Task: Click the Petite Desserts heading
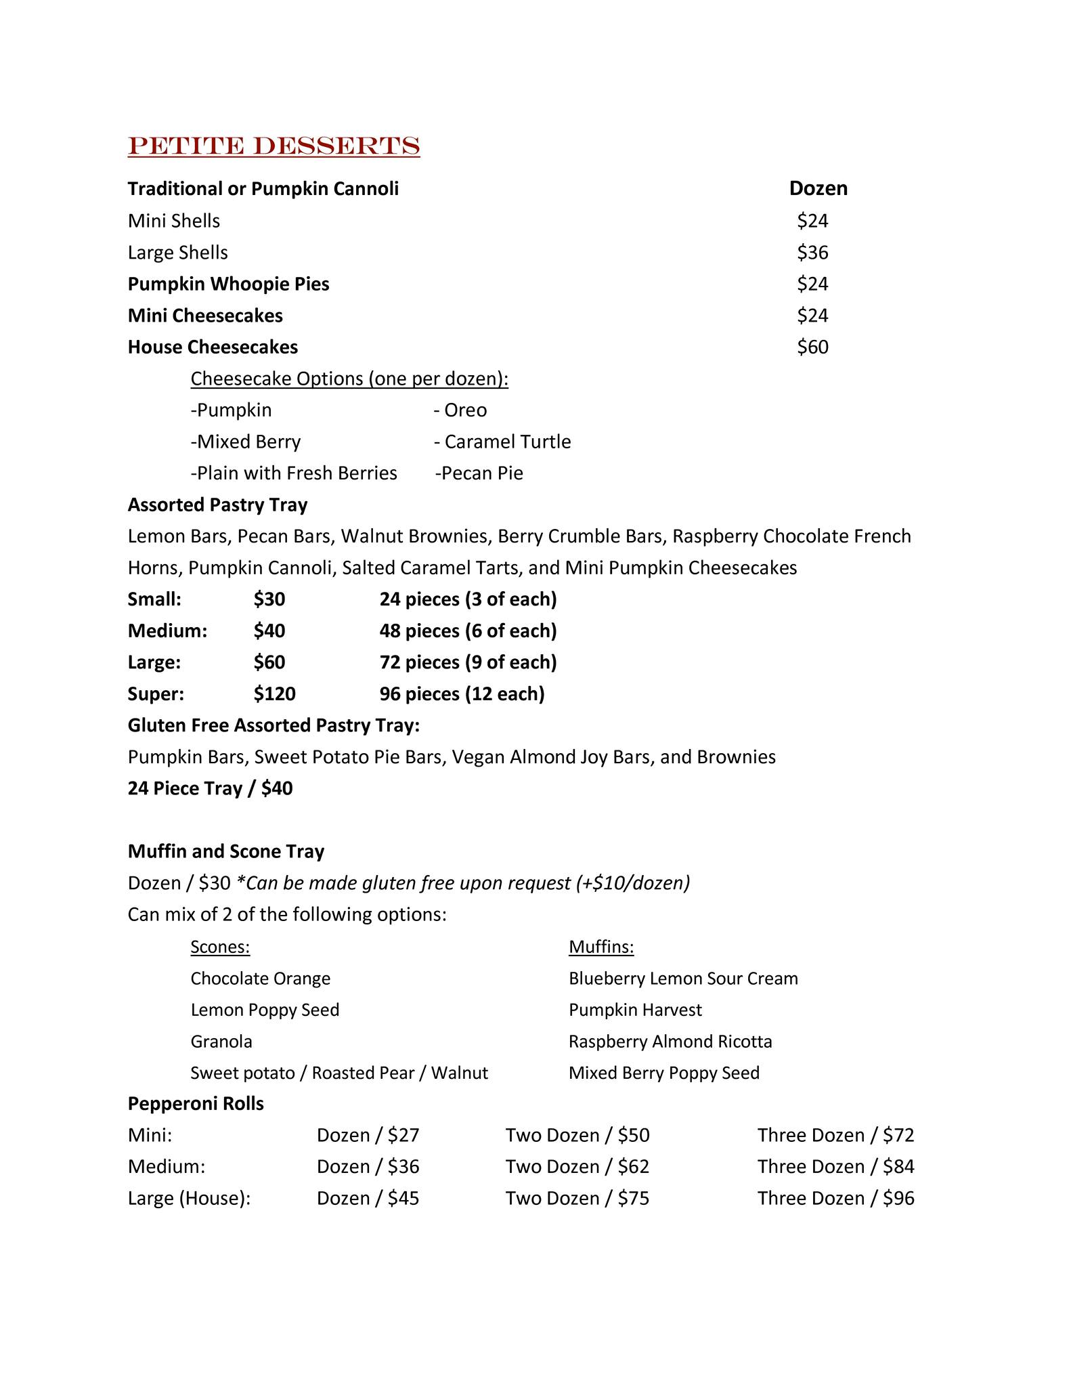[x=274, y=146]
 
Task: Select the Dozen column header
[x=818, y=188]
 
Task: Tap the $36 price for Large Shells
[x=812, y=253]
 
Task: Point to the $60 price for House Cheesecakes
[x=812, y=347]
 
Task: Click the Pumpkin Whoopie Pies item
[x=228, y=284]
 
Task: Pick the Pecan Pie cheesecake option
[x=479, y=473]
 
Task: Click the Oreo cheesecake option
[x=460, y=410]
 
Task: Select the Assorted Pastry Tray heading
[x=217, y=505]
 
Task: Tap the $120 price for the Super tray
[x=274, y=694]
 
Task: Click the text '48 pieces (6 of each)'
[x=468, y=631]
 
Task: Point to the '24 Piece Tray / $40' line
[x=210, y=789]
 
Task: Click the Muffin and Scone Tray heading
[x=225, y=851]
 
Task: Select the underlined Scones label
[x=220, y=947]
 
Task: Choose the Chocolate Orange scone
[x=260, y=979]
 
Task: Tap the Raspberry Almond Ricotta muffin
[x=670, y=1042]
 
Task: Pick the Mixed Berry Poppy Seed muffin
[x=663, y=1073]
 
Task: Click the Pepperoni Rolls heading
[x=196, y=1104]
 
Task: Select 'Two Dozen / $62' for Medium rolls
[x=577, y=1167]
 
